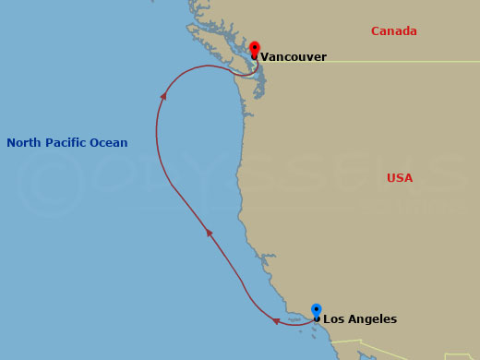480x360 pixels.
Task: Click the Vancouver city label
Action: pos(294,57)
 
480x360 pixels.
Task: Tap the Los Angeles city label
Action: pos(360,319)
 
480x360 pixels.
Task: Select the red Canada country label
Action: pos(394,31)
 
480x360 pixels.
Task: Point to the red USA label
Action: pos(400,177)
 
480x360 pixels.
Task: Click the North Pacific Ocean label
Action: pos(67,143)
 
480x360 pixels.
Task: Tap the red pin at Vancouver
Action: pos(255,47)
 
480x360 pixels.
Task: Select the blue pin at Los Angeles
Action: pos(317,310)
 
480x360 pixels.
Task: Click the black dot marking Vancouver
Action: pos(255,56)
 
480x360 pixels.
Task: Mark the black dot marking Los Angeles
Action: pos(317,319)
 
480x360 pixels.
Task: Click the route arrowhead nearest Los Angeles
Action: pos(276,321)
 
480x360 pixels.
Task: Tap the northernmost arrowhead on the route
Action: pos(164,94)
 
